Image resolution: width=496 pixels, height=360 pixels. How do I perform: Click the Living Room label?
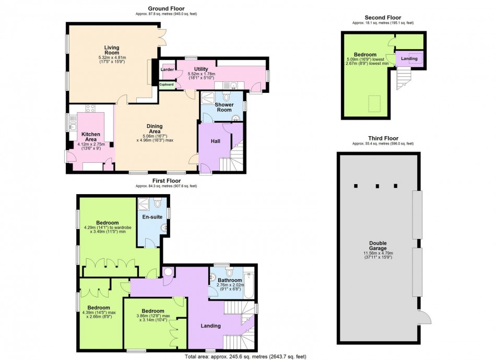112,50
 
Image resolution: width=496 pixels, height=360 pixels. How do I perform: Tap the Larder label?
167,69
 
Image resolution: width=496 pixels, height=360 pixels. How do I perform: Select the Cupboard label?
167,84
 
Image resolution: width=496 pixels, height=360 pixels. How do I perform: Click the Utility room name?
201,69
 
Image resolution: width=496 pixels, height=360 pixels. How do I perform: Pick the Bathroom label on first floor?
229,280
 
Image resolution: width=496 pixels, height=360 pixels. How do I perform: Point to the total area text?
245,356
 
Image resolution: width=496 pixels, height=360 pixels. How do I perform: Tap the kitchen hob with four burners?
90,109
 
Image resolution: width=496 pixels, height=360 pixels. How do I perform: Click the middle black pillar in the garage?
376,186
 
